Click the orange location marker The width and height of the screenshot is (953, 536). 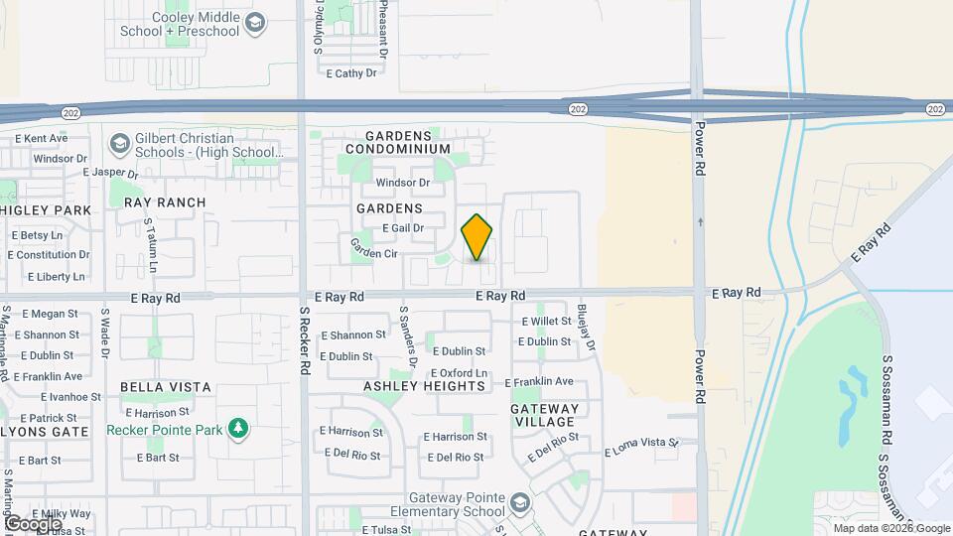[476, 238]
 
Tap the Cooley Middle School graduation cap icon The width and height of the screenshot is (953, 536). [255, 23]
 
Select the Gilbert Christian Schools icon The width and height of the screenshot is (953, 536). [120, 145]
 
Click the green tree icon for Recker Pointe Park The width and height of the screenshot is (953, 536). [237, 430]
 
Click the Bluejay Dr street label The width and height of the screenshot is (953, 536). [587, 328]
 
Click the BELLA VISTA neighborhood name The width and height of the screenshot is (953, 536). [166, 386]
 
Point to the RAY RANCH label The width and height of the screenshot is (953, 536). [165, 202]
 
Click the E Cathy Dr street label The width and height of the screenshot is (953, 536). [351, 73]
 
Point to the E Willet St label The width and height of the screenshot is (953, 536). [547, 321]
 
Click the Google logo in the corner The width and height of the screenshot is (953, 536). [33, 523]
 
